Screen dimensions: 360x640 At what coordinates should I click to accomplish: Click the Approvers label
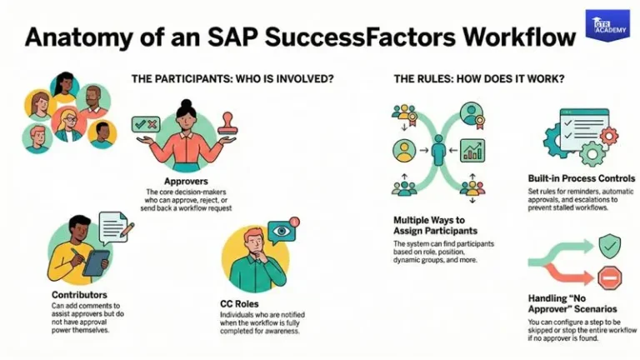tap(187, 180)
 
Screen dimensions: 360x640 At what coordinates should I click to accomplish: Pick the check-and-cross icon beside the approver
tap(145, 125)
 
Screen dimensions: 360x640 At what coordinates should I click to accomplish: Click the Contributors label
tap(78, 295)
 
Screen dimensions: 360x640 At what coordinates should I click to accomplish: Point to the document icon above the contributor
tap(113, 227)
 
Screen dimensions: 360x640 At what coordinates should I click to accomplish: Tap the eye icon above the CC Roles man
tap(280, 230)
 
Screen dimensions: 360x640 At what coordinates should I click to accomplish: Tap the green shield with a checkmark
tap(610, 245)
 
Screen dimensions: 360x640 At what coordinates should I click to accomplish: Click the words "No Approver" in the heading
tap(592, 297)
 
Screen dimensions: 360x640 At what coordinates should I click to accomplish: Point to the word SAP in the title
tap(221, 38)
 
